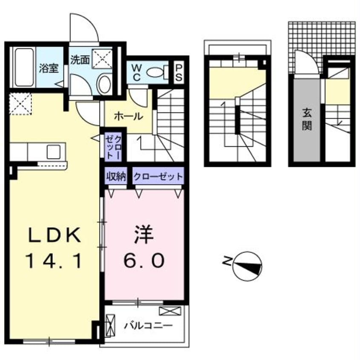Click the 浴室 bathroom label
point(49,68)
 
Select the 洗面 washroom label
point(80,60)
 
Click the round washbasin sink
point(105,85)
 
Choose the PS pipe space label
point(179,72)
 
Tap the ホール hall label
point(128,116)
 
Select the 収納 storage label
point(116,176)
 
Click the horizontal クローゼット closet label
point(158,176)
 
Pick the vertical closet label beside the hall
point(114,147)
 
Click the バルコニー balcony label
point(148,326)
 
